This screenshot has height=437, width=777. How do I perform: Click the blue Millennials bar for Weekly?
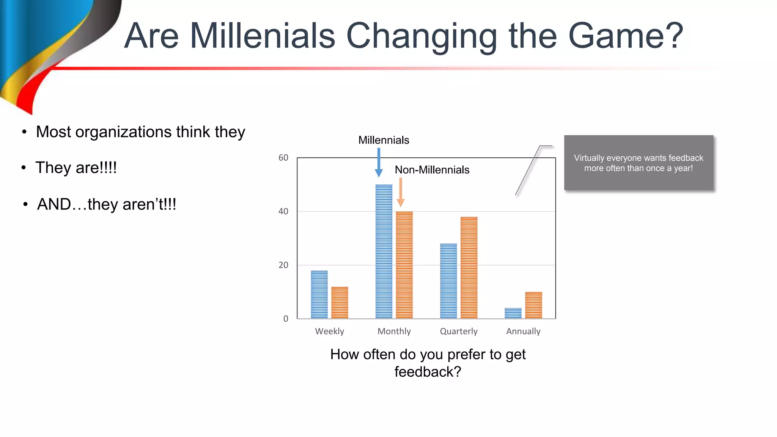point(319,294)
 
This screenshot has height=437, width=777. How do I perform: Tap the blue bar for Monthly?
point(384,252)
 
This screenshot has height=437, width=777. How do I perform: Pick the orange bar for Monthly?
point(404,265)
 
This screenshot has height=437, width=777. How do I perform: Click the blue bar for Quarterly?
point(448,281)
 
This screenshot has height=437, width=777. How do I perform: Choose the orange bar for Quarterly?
point(469,267)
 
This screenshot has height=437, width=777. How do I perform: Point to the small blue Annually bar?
point(513,313)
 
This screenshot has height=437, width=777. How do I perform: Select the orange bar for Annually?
point(533,305)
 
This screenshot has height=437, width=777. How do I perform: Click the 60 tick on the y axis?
point(283,158)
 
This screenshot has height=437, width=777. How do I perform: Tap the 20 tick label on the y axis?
point(283,265)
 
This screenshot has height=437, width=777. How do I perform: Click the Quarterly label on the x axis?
point(459,331)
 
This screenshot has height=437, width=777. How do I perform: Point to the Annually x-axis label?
point(523,331)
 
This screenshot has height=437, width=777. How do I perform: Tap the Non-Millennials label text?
point(432,170)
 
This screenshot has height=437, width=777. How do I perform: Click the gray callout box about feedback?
point(639,163)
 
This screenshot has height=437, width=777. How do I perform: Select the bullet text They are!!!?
point(76,168)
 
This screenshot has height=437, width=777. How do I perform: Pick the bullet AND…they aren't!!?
point(107,204)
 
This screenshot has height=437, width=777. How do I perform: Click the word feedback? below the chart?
point(428,372)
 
